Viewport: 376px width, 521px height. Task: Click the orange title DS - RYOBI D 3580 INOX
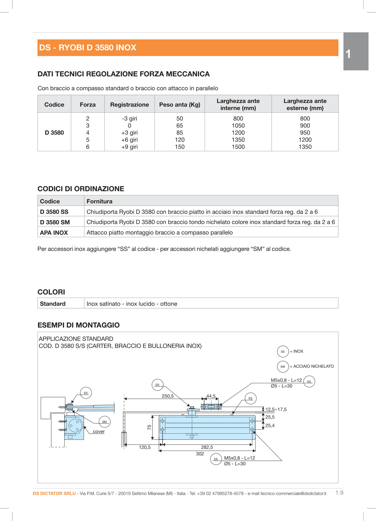(x=88, y=48)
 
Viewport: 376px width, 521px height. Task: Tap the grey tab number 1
(x=348, y=54)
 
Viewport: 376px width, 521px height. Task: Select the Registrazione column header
(x=129, y=105)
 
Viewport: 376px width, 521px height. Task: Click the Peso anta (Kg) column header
(x=180, y=105)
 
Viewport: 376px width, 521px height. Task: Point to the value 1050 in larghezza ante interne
(x=238, y=126)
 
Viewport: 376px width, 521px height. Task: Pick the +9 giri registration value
(x=129, y=147)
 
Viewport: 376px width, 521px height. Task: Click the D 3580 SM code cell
(x=55, y=222)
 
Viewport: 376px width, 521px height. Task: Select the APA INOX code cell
(x=54, y=233)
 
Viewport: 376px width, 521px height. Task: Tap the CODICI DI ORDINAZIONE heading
(x=81, y=189)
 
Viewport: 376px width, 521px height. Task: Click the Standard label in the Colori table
(x=53, y=304)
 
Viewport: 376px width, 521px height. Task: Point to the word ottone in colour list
(x=169, y=304)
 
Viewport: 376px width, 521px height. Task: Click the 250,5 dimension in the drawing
(x=168, y=396)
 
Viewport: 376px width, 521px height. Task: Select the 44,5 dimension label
(x=211, y=396)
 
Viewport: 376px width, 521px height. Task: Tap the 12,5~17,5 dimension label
(x=276, y=409)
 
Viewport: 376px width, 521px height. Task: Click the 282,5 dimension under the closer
(x=207, y=447)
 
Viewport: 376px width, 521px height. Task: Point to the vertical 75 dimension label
(x=149, y=427)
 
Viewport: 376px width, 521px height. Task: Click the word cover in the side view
(x=99, y=432)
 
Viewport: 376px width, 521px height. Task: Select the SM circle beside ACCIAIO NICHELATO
(x=283, y=367)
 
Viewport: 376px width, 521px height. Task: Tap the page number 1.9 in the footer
(x=339, y=493)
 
